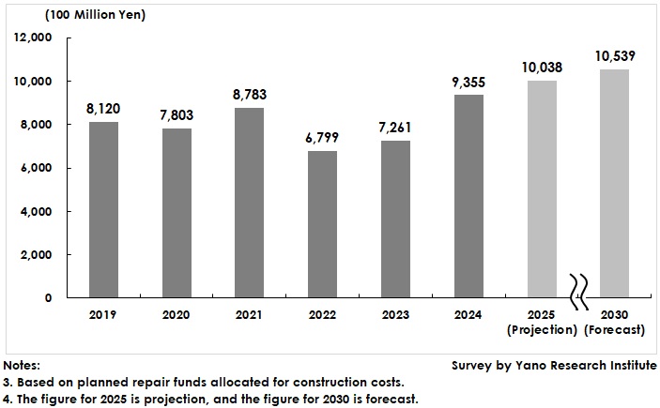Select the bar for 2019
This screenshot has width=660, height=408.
click(x=104, y=209)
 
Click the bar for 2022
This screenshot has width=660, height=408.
click(x=322, y=224)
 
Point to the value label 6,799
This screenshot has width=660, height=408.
click(x=322, y=137)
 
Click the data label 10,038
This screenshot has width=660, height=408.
click(x=541, y=67)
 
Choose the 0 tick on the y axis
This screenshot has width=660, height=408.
click(x=48, y=298)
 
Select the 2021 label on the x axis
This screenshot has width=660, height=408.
click(x=250, y=316)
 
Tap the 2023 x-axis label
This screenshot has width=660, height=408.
click(x=395, y=316)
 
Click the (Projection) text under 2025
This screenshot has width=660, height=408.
click(x=541, y=330)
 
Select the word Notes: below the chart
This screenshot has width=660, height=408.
click(x=23, y=365)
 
